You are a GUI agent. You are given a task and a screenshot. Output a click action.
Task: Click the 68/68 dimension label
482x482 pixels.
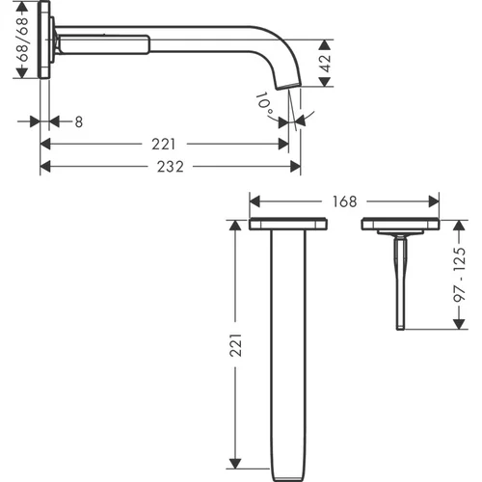(23, 40)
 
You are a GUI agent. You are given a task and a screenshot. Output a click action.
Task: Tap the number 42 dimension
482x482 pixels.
(326, 64)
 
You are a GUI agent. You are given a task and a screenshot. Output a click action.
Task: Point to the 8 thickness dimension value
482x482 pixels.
(79, 122)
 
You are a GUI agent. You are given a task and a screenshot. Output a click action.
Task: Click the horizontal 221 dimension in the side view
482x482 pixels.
(164, 145)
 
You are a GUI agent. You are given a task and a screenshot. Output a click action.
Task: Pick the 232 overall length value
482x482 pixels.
(171, 167)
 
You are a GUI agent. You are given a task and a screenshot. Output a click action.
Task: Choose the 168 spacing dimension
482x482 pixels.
(344, 201)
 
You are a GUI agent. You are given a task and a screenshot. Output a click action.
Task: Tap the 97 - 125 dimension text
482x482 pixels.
(460, 275)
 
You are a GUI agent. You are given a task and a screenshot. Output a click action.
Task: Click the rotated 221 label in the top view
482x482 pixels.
(236, 345)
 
